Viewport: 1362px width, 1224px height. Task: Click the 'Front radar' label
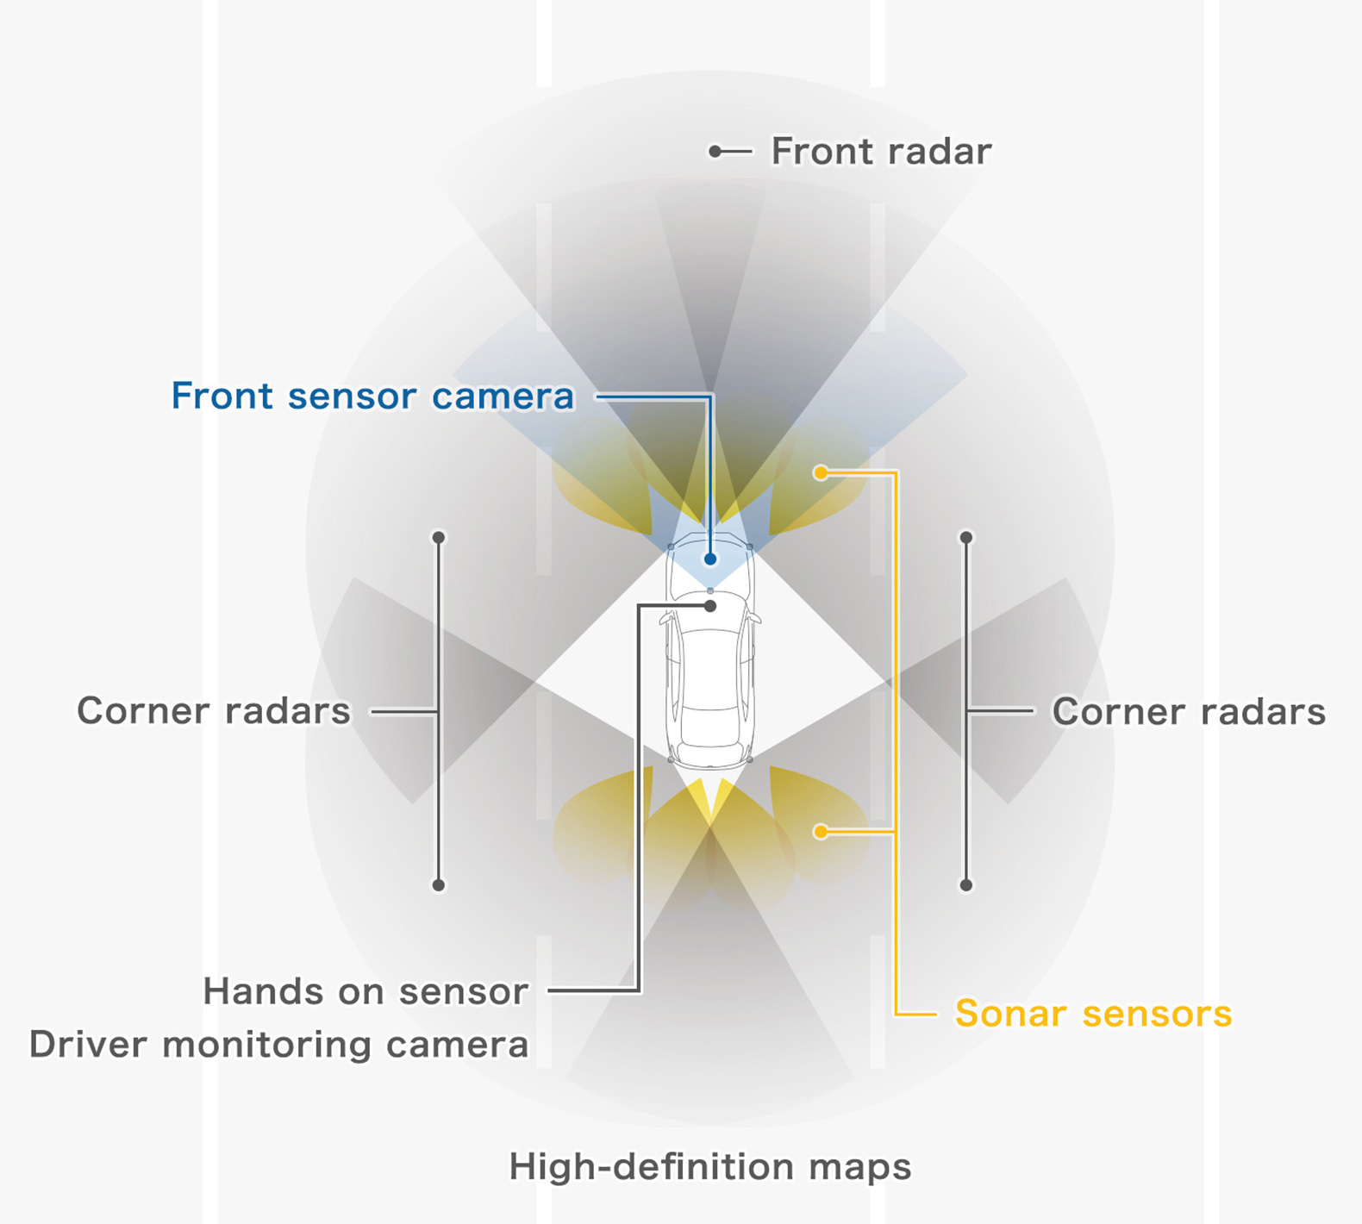tap(880, 151)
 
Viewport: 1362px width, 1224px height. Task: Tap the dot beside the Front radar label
tap(715, 152)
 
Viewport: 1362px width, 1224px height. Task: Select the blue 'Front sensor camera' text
tap(372, 397)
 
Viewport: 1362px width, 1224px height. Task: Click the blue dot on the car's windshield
tap(710, 559)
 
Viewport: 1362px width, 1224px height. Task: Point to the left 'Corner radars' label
tap(214, 711)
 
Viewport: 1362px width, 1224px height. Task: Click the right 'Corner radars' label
tap(1189, 712)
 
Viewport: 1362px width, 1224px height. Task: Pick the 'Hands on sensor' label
tap(365, 991)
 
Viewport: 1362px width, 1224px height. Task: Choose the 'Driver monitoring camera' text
tap(278, 1044)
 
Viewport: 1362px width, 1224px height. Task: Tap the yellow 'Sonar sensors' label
tap(1093, 1013)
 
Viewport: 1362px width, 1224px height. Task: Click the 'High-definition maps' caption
tap(709, 1167)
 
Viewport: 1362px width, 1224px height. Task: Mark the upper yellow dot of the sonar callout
tap(821, 472)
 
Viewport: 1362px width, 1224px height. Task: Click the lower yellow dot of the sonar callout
tap(821, 831)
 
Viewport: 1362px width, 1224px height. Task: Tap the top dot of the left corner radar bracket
tap(439, 538)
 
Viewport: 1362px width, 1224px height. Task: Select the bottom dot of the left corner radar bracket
tap(439, 885)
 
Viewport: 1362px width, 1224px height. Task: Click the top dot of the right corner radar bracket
tap(966, 538)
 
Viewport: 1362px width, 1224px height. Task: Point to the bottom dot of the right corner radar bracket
tap(966, 885)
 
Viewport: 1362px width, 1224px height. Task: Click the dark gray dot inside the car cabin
tap(710, 607)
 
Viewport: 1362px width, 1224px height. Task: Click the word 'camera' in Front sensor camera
tap(503, 397)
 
